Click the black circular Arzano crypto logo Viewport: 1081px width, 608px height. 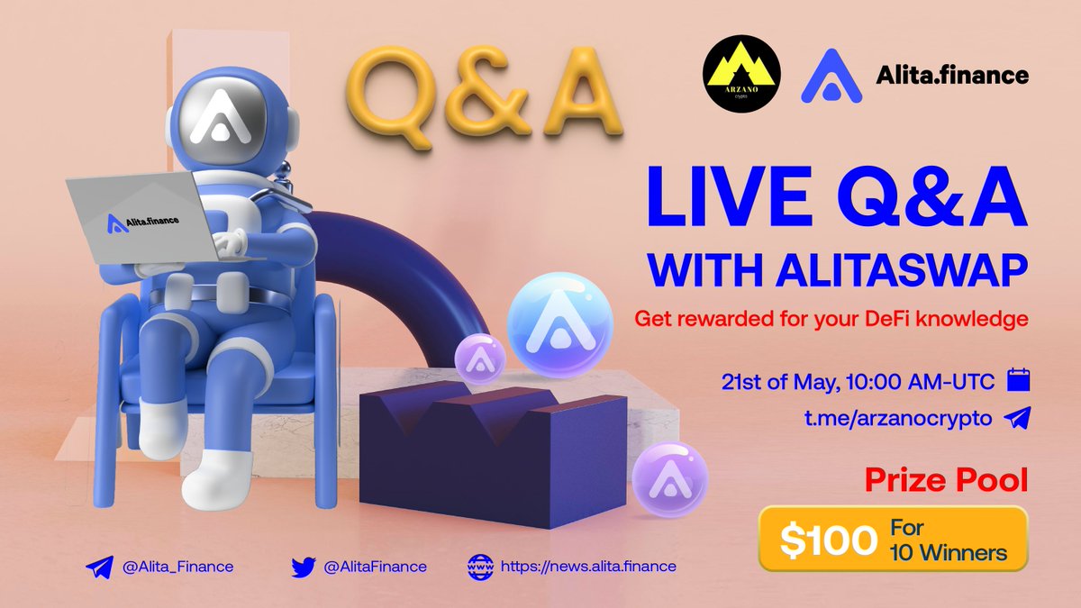coord(742,75)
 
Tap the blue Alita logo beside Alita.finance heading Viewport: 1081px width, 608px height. coord(831,76)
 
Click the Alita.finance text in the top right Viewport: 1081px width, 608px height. coord(952,76)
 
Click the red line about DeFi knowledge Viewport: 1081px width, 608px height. coord(831,319)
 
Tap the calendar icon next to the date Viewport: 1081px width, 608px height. coord(1017,380)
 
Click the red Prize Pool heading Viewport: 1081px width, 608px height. coord(946,479)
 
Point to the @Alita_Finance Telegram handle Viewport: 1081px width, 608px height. coord(174,567)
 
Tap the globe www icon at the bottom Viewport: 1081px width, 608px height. coord(480,567)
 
